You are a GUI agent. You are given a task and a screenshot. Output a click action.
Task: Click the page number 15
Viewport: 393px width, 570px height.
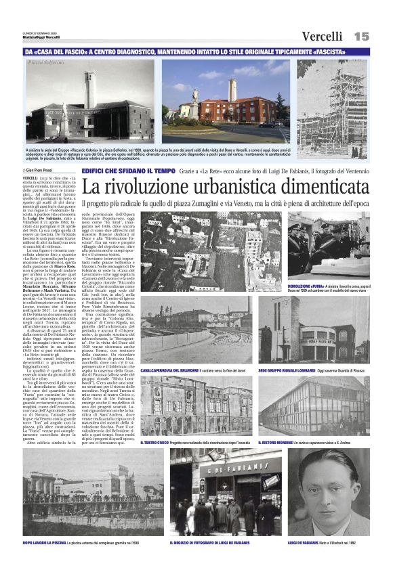[x=361, y=35]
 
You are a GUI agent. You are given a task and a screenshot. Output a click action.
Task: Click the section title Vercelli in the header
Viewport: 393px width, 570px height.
[x=323, y=36]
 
